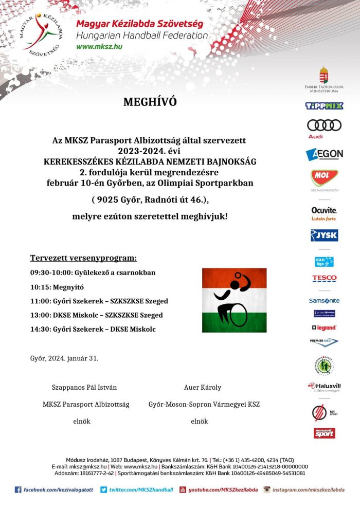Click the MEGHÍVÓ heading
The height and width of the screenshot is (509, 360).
point(150,102)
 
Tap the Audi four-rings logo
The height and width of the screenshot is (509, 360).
point(324,125)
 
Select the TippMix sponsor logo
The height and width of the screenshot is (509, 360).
point(324,106)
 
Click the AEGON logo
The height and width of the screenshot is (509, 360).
point(324,154)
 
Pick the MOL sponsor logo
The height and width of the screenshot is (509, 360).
point(324,178)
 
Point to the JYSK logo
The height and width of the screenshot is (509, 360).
point(324,235)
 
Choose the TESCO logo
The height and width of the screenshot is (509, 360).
point(324,279)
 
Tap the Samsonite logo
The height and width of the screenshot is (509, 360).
point(324,300)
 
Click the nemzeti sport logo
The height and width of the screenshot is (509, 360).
point(324,433)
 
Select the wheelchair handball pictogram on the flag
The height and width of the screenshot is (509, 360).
point(234,300)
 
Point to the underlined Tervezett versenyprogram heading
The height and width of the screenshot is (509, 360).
point(83,258)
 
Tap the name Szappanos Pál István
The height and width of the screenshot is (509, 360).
point(81,387)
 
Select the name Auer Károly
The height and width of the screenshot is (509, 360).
point(203,387)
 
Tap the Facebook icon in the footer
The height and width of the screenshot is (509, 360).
point(18,490)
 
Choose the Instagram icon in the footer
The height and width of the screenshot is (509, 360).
point(267,490)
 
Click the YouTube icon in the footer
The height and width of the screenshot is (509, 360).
point(183,490)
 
